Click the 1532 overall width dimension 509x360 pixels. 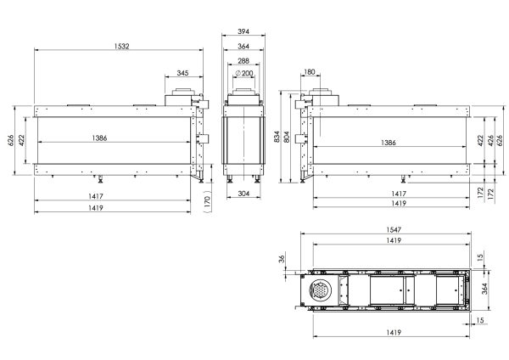pos(121,46)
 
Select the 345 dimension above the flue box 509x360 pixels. pos(182,73)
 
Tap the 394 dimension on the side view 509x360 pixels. pos(243,31)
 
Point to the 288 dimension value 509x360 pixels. pos(243,61)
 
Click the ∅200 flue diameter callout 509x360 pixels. pos(243,73)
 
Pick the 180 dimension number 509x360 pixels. pos(310,72)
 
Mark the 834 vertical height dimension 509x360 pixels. pos(277,137)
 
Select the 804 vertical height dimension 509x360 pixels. pos(287,137)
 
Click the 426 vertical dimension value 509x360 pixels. pos(491,140)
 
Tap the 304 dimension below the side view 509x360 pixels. pos(243,194)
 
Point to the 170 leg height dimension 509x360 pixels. pos(208,202)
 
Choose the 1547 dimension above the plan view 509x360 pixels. pos(394,230)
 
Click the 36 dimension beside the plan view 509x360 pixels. pos(282,259)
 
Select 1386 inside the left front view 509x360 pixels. pos(99,138)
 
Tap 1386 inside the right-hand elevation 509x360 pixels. pos(389,143)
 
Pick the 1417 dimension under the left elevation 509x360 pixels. pos(96,196)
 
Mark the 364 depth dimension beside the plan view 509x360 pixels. pos(484,289)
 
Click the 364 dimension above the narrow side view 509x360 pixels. pos(243,47)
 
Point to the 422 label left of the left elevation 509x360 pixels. pos(21,140)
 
